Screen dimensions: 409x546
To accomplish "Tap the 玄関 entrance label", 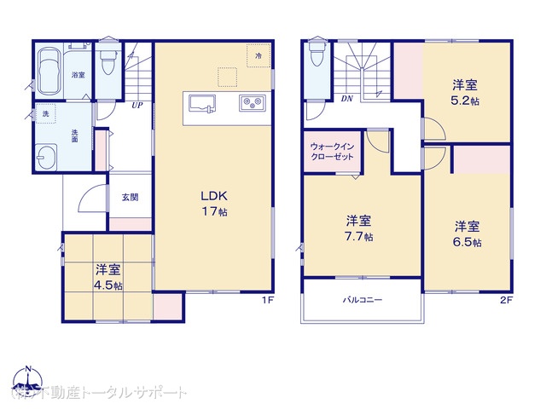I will click(x=130, y=197).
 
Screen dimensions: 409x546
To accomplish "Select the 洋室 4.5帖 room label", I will click(x=108, y=278).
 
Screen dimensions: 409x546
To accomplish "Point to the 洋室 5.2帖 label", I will click(x=464, y=91).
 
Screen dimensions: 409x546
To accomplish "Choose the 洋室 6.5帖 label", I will click(x=467, y=234).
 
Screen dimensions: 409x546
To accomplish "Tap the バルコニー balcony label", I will click(x=363, y=301).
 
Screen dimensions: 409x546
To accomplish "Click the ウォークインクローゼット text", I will click(x=333, y=152).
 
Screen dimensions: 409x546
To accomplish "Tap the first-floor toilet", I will click(x=107, y=60).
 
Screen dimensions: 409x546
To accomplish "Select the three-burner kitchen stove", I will click(x=253, y=104).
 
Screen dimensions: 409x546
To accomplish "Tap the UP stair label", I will click(x=136, y=106).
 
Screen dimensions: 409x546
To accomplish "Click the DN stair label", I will click(x=347, y=98).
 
